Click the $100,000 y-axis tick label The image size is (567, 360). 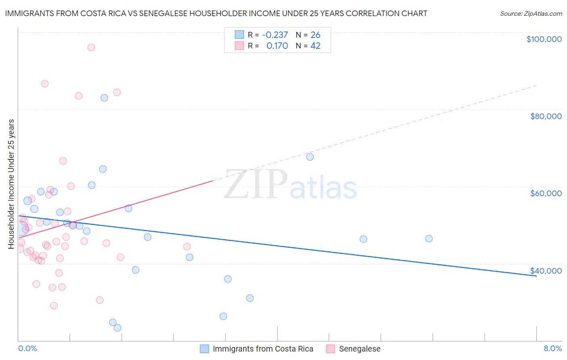(544, 39)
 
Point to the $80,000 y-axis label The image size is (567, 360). (546, 116)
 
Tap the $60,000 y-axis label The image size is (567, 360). (546, 193)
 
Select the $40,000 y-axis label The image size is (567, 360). (546, 271)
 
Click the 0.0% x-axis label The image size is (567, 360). (27, 349)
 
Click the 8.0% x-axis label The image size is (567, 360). (552, 349)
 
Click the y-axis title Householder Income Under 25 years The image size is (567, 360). (11, 184)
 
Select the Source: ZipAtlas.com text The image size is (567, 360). (531, 14)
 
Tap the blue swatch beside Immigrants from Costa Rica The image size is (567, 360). (205, 349)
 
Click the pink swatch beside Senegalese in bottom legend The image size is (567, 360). (331, 349)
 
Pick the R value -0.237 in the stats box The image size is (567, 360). (275, 35)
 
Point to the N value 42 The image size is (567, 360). (315, 46)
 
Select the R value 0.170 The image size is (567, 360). (277, 46)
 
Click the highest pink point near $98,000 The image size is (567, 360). (91, 48)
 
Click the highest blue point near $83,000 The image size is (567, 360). (104, 98)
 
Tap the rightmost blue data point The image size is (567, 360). (429, 239)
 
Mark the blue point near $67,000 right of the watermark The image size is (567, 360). (310, 157)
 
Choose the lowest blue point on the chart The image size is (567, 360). (117, 328)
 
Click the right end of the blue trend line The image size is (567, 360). (536, 276)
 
